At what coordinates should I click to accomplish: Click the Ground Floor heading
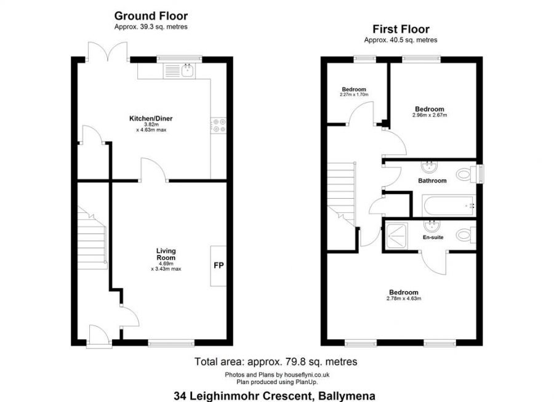(x=151, y=16)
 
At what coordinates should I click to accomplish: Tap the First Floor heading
(x=401, y=29)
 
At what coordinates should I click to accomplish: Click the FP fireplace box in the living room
(x=218, y=266)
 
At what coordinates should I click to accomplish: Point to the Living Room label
(x=166, y=254)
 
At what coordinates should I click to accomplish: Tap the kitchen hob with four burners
(x=218, y=125)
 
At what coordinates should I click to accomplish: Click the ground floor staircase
(x=92, y=237)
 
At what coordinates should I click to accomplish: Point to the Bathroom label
(x=432, y=181)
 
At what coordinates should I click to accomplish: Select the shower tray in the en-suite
(x=396, y=235)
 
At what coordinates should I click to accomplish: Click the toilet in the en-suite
(x=468, y=235)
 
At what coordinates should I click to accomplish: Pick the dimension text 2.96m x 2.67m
(x=429, y=115)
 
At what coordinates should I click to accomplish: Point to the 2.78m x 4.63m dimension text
(x=403, y=299)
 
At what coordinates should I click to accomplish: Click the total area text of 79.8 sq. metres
(x=276, y=362)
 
